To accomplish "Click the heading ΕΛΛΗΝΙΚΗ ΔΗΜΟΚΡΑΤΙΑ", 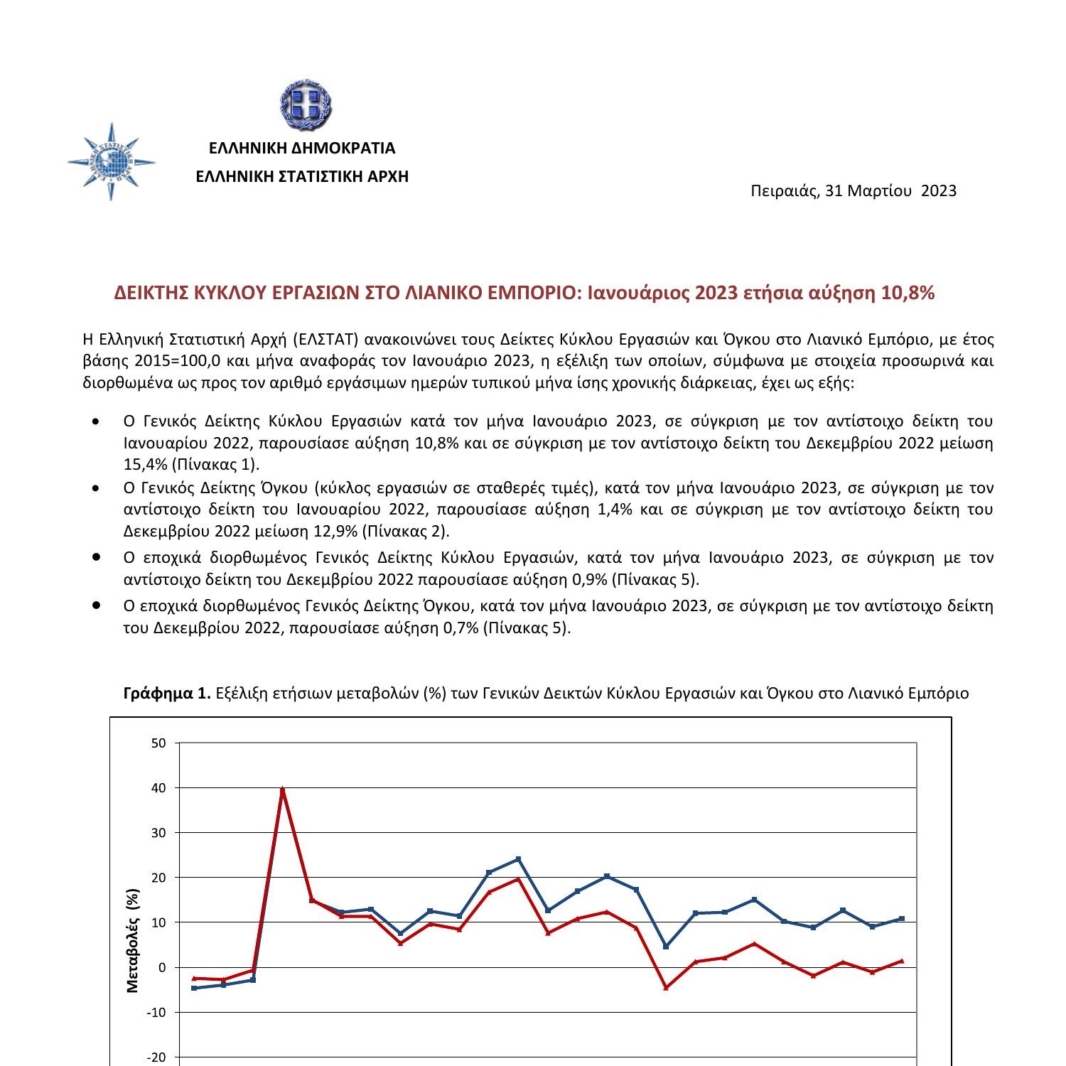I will click(301, 148).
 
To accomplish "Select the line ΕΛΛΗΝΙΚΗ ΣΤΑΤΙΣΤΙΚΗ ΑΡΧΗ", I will click(302, 176).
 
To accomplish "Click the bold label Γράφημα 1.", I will click(167, 693).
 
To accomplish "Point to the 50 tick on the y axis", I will click(158, 743).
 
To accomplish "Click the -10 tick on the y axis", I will click(156, 1012).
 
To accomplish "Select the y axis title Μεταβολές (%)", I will click(133, 940).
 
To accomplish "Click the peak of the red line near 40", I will click(283, 790).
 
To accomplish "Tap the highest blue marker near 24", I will click(518, 859).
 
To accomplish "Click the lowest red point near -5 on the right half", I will click(666, 987).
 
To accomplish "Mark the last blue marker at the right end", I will click(902, 918).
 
